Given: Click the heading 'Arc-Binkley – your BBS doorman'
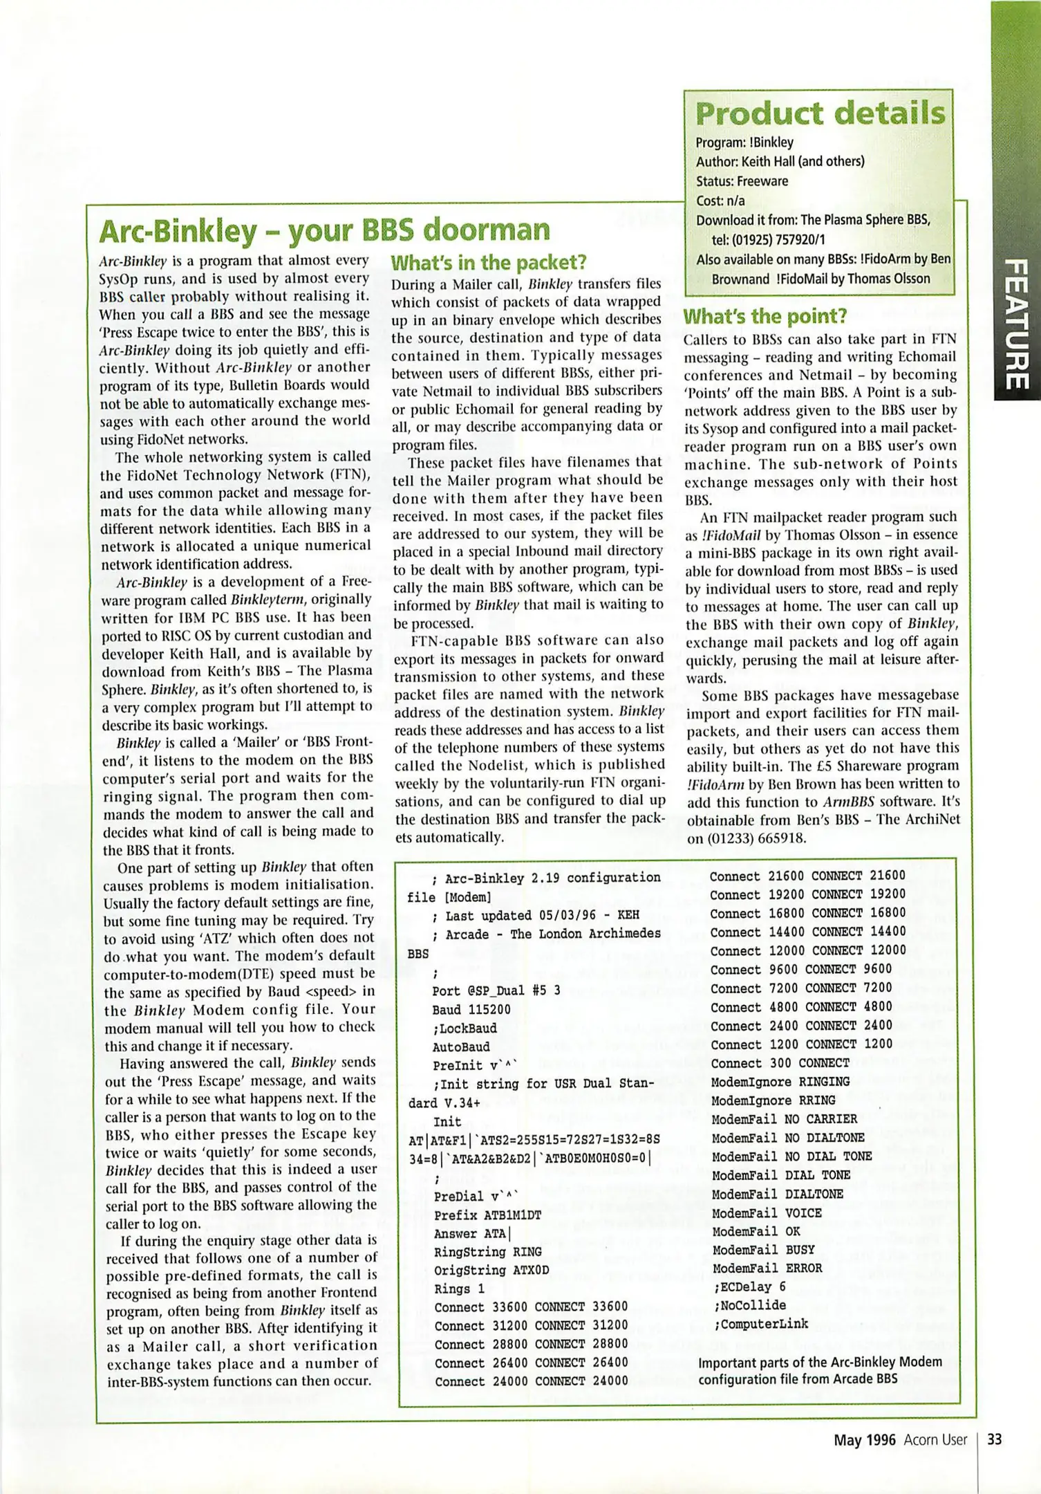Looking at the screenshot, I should (324, 232).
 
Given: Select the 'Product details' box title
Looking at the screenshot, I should (820, 113).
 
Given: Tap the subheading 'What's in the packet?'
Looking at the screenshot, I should (489, 263).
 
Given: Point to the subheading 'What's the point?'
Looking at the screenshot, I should (765, 317).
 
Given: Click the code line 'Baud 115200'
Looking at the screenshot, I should (471, 1010).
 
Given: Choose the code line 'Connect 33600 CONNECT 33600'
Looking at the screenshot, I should (530, 1307).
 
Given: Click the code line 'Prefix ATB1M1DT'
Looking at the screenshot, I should (487, 1215).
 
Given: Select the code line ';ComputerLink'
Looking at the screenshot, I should (760, 1324).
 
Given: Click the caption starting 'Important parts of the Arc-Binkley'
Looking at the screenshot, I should (820, 1370).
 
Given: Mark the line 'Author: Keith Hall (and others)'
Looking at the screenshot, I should (780, 162).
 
